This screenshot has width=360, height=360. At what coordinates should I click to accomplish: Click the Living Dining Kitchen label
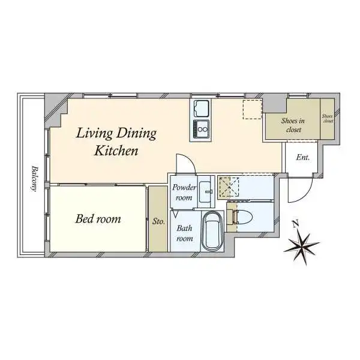[x=116, y=142]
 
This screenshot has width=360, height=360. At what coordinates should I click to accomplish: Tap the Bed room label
[x=98, y=219]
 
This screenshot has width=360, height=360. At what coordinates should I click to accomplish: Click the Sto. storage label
[x=158, y=221]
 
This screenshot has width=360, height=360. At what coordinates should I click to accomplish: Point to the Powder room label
[x=184, y=193]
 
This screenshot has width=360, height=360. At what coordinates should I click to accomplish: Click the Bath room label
[x=185, y=233]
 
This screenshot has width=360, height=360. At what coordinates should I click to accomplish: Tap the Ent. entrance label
[x=303, y=157]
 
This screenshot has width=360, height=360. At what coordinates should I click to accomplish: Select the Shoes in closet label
[x=293, y=125]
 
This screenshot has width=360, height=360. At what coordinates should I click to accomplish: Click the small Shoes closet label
[x=328, y=118]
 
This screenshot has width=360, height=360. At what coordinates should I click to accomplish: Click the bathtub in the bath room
[x=212, y=232]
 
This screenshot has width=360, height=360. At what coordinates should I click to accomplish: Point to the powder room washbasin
[x=206, y=191]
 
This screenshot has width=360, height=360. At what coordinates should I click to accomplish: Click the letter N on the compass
[x=295, y=224]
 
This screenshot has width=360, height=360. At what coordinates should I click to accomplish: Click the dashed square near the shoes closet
[x=253, y=109]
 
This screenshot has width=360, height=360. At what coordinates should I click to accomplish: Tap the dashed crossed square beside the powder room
[x=229, y=187]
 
